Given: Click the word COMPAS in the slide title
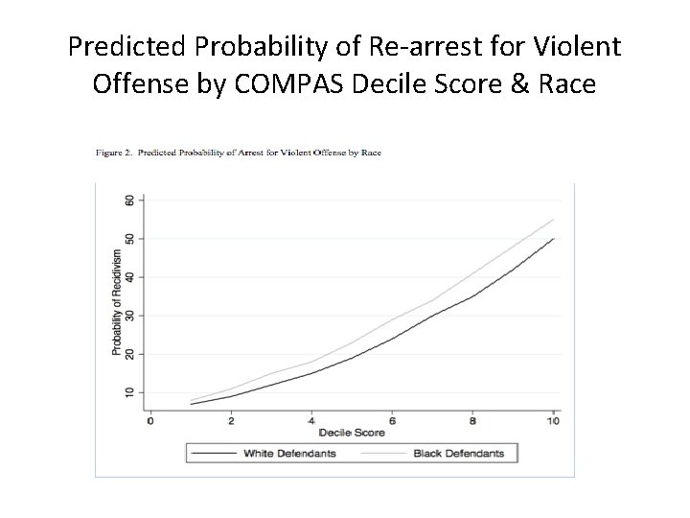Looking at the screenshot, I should click(278, 84).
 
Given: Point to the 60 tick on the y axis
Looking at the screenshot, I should click(129, 200).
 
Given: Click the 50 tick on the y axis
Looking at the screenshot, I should click(129, 238).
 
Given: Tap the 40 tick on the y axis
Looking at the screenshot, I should click(129, 277).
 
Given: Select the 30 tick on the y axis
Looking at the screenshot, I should click(129, 316).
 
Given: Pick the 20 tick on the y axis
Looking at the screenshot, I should click(129, 354).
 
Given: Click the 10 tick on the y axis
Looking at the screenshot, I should click(129, 392).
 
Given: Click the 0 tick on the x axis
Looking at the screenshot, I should click(150, 420).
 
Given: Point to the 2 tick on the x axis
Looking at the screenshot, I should click(232, 420).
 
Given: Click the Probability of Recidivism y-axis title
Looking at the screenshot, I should click(116, 303).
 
